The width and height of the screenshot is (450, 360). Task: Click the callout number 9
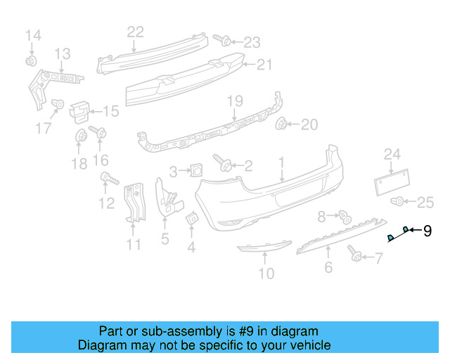point(427,231)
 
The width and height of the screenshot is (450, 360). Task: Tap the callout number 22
point(135,31)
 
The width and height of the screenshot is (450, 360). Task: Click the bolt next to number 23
point(219,39)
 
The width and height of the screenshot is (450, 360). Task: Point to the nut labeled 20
point(283,125)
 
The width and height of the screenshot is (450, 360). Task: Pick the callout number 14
point(33,35)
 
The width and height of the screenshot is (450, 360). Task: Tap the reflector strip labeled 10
point(263,247)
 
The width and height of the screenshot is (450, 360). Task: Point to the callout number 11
point(134,245)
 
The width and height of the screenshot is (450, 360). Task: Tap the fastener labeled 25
point(398,202)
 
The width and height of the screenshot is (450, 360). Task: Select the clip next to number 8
point(345,215)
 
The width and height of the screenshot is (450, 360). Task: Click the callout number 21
point(263,65)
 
